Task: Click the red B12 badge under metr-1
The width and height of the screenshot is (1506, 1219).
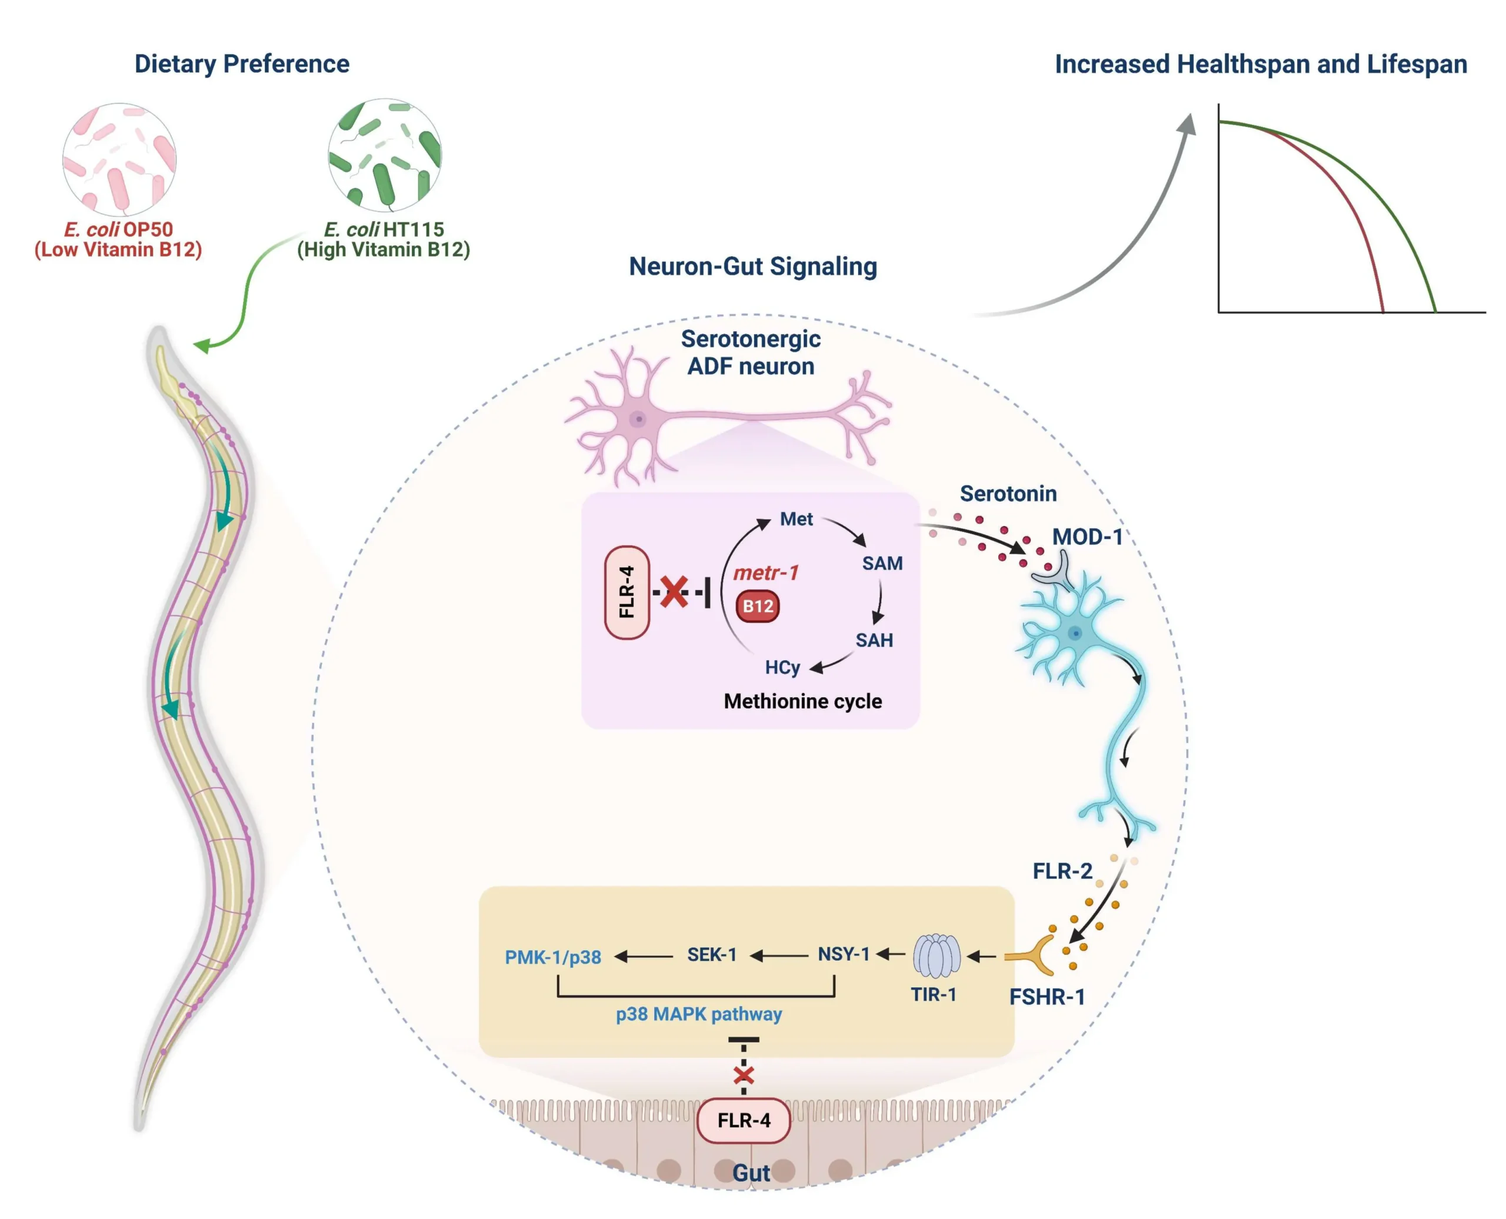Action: [x=758, y=607]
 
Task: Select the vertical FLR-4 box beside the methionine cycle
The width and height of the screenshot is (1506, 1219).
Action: [x=627, y=592]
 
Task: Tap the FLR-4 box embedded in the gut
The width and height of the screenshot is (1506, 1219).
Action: [x=744, y=1120]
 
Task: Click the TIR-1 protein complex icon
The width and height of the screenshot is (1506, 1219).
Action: [x=937, y=955]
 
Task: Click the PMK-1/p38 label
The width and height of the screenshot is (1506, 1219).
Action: [x=553, y=957]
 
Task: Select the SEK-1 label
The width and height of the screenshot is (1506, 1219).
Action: [x=712, y=955]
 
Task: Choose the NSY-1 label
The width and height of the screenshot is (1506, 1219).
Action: [x=843, y=954]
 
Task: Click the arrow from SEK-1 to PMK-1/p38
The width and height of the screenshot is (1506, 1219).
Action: [x=644, y=957]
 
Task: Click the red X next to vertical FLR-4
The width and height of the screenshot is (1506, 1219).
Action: [x=675, y=592]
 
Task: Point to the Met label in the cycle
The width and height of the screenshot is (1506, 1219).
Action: [x=796, y=519]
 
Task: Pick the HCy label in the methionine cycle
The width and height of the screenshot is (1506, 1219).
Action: [x=782, y=667]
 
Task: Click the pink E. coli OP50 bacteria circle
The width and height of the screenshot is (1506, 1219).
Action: [x=119, y=159]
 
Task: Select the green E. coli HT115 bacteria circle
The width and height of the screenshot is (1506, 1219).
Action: [x=385, y=155]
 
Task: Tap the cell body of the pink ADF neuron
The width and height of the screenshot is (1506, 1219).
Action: [x=638, y=419]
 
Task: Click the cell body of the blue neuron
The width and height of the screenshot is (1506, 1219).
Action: [x=1074, y=634]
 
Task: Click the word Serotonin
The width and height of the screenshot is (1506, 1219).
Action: [x=1008, y=494]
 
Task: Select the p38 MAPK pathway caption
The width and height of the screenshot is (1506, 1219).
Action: [x=699, y=1014]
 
